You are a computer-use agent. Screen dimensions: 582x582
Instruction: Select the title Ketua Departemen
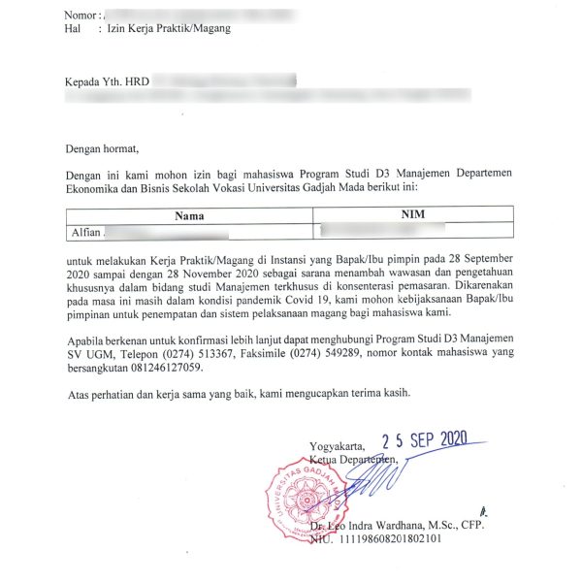coord(355,458)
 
